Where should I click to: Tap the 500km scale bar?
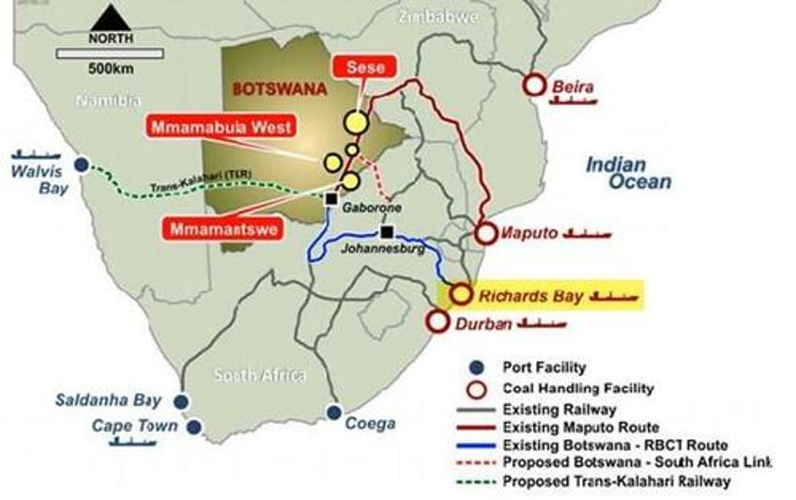click(x=110, y=54)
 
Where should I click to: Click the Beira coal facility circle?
click(x=534, y=86)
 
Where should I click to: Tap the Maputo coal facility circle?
click(x=486, y=234)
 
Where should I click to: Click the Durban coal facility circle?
click(x=437, y=321)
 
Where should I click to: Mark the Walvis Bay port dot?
click(x=82, y=165)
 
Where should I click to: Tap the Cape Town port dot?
click(x=193, y=427)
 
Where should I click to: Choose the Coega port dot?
click(x=333, y=412)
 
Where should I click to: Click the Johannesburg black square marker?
click(x=387, y=231)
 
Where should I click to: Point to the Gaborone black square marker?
click(x=330, y=199)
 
